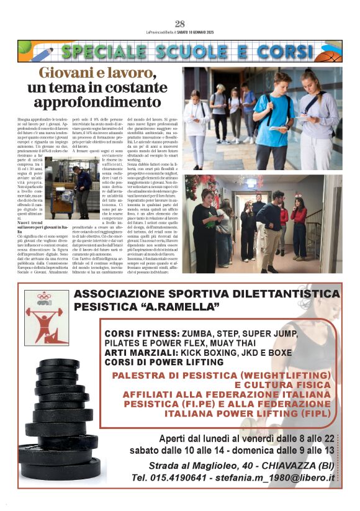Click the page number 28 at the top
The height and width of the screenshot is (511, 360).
180,24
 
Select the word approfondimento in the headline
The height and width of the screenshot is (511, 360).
98,102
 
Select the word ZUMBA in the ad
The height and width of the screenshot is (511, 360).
200,333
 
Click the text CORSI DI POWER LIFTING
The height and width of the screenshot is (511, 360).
165,362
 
